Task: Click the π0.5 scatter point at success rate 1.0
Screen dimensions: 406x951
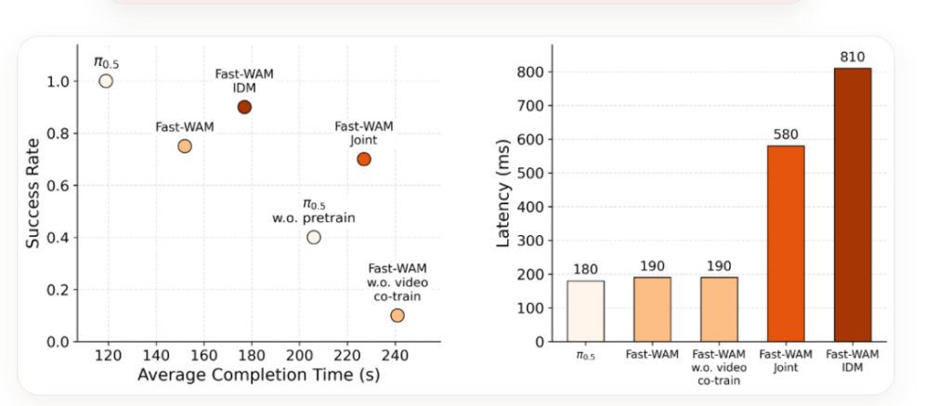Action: (106, 81)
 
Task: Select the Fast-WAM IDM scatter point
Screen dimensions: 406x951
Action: (244, 107)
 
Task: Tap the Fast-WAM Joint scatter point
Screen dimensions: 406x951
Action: (364, 159)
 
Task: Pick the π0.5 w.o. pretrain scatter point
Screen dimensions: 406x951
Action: (314, 237)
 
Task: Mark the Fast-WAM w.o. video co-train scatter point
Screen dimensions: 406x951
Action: (397, 316)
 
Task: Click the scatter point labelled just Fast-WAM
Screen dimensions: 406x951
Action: (185, 146)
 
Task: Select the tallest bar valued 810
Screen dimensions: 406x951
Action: (853, 204)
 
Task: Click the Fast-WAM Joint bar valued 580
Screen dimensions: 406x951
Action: (786, 243)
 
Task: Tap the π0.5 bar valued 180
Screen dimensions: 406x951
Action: (585, 310)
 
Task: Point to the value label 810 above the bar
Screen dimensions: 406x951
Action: (853, 58)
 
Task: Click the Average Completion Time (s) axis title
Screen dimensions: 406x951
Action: (258, 375)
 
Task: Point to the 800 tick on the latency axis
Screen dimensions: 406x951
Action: (532, 72)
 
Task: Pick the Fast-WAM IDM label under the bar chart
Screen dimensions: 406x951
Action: (853, 360)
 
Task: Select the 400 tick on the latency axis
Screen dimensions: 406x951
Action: (532, 207)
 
